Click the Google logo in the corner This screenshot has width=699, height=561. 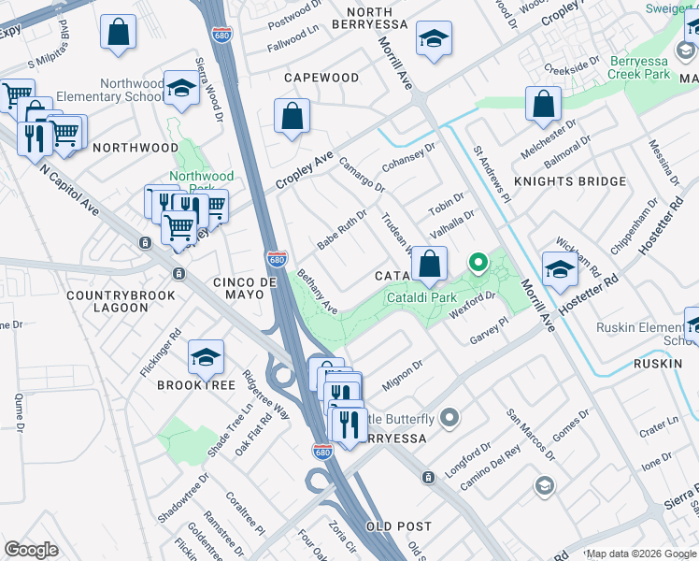31,550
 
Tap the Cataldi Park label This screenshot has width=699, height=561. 417,297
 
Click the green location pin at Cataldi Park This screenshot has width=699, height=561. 478,264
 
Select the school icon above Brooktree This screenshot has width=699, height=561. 206,356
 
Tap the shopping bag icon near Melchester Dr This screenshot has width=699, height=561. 543,105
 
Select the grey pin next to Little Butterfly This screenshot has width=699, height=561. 449,417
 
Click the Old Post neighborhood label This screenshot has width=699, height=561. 398,527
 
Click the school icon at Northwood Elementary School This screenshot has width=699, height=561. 181,87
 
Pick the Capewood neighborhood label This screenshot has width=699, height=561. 321,78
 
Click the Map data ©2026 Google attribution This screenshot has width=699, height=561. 641,554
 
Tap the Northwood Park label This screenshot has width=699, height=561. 202,181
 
